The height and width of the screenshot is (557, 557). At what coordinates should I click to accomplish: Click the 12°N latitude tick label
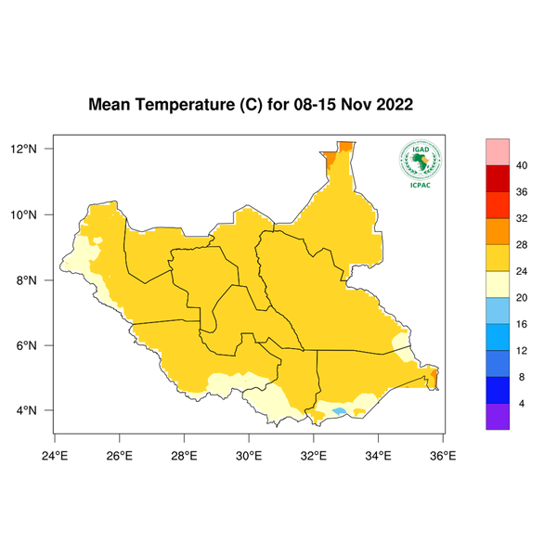coord(23,149)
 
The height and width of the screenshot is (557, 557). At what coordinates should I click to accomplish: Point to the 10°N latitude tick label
coord(23,214)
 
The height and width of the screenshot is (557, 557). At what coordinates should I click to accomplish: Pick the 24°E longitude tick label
coord(55,455)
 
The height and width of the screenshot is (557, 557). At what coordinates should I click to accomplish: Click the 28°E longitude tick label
coord(184,455)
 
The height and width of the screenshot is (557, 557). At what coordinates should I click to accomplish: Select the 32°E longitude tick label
coord(313,455)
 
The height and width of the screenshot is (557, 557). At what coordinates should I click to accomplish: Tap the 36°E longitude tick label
coord(442,455)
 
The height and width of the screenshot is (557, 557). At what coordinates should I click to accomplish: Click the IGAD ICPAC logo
coord(420,164)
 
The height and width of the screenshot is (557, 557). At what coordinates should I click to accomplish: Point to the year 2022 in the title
coord(393,105)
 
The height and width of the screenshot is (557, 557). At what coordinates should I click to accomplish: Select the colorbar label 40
coord(522,165)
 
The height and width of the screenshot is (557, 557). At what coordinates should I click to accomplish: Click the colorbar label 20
coord(522,298)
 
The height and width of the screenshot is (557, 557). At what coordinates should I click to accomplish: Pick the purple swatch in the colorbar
coord(499,417)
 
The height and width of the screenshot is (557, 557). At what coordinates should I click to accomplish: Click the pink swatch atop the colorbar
coord(499,151)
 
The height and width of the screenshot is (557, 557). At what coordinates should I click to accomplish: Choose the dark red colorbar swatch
coord(499,177)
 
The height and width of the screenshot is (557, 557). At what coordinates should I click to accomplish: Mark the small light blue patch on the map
coord(339,410)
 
